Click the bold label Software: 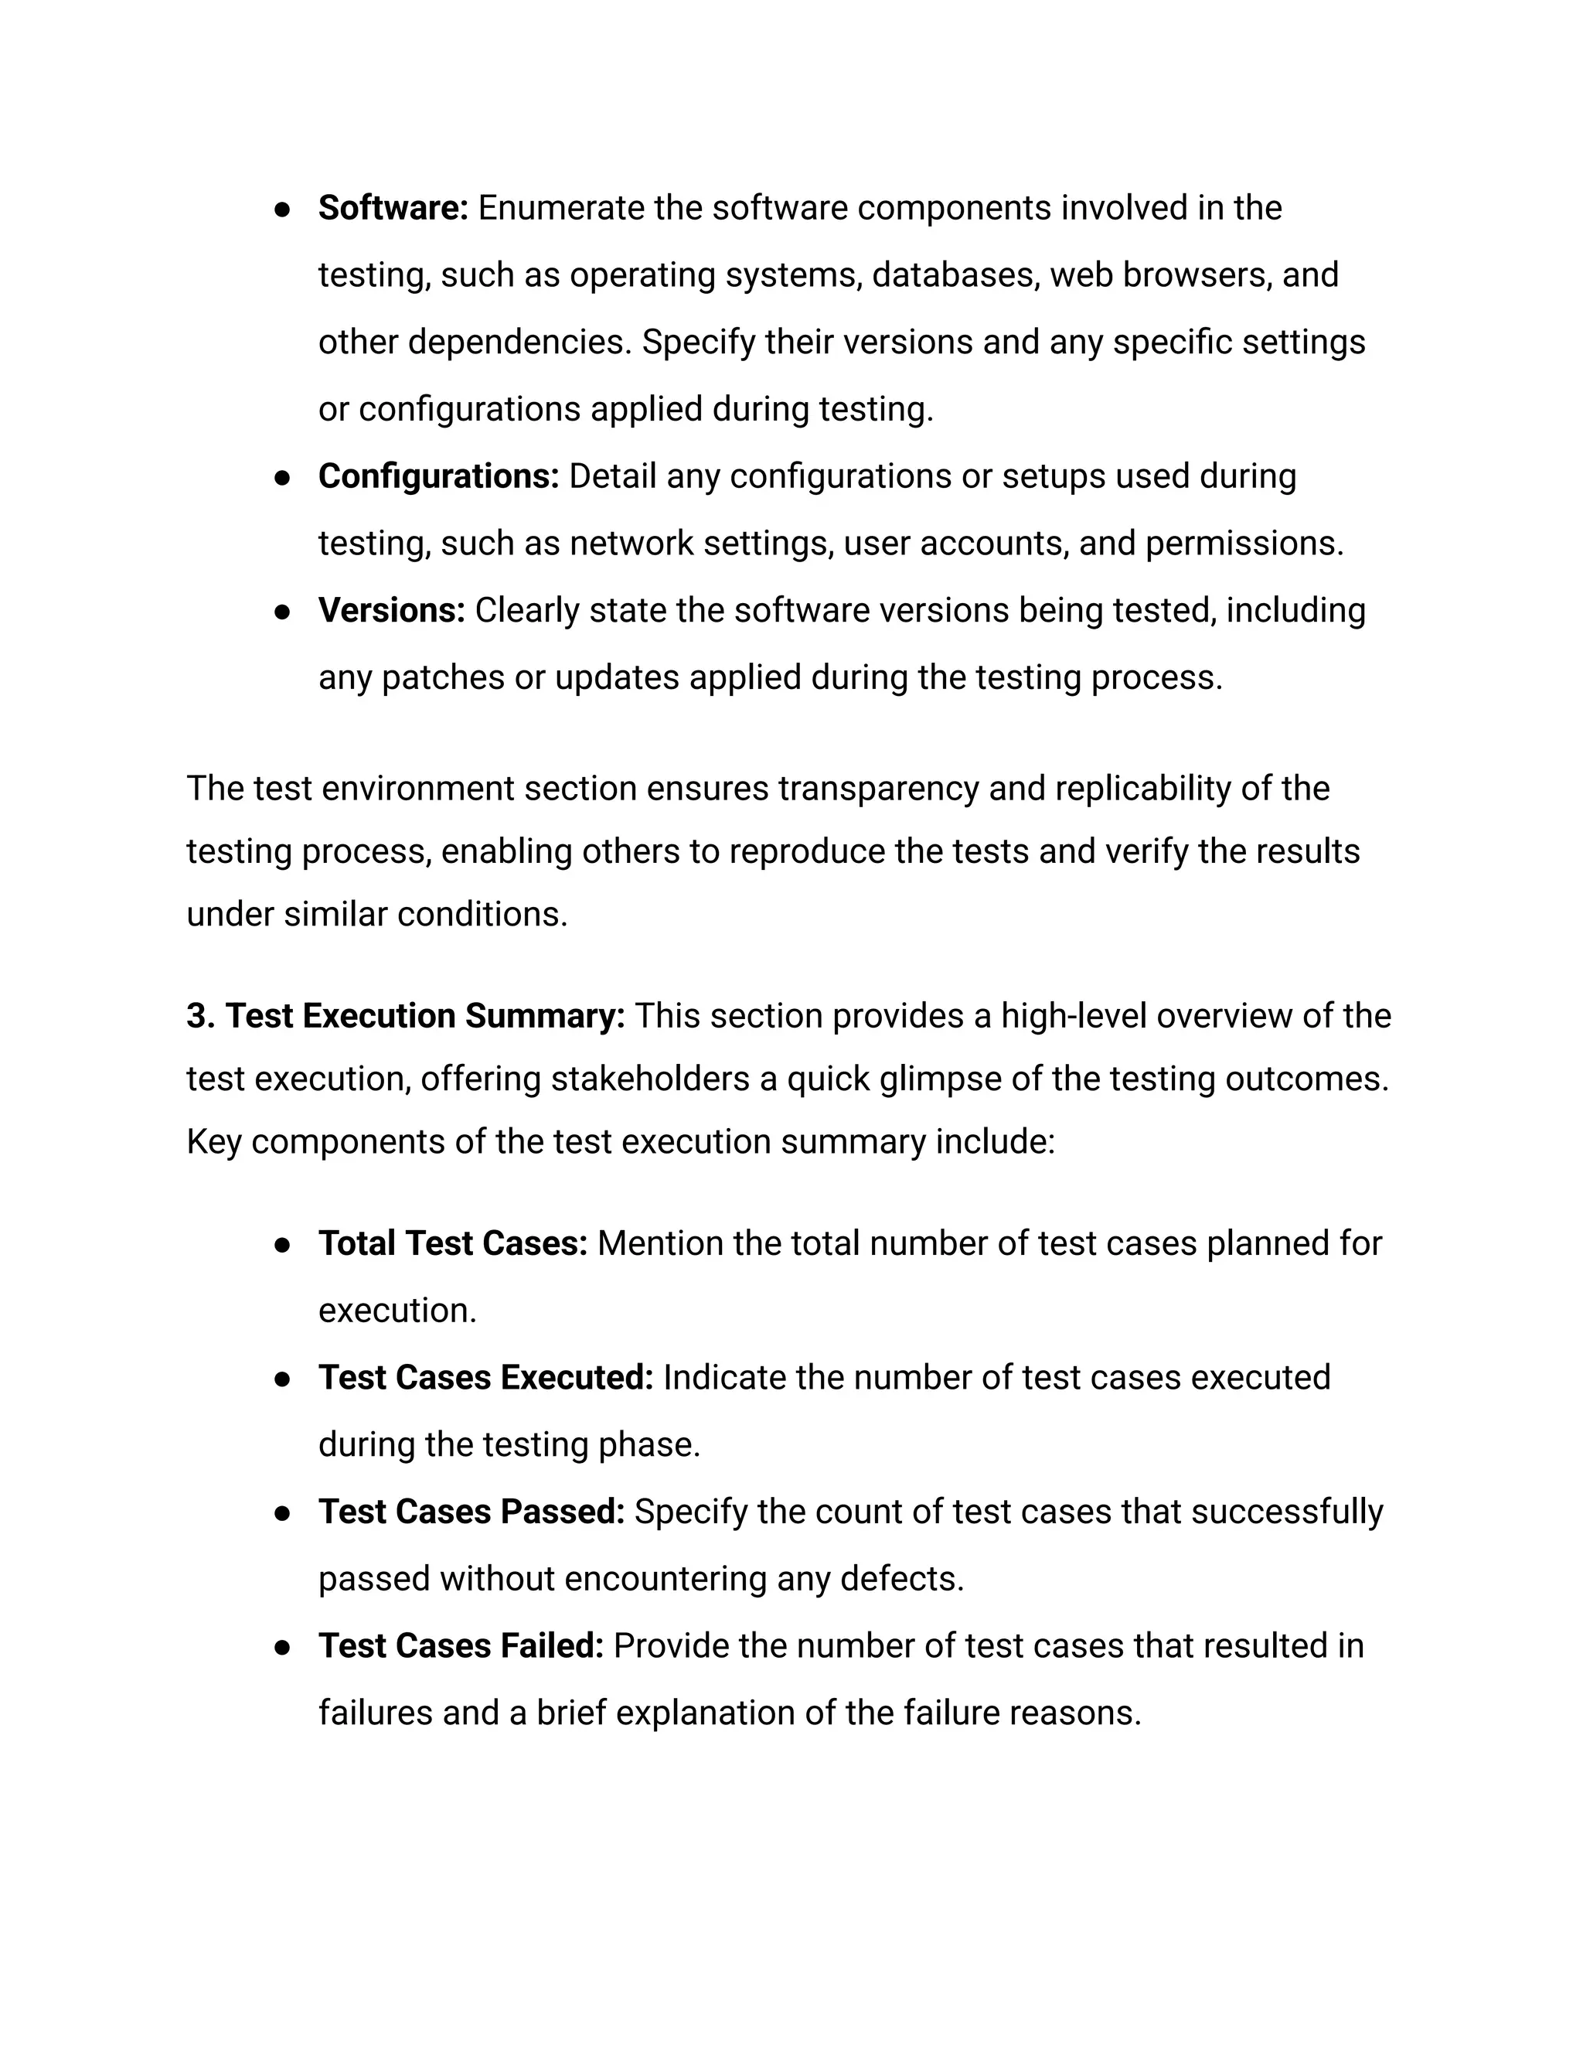392,208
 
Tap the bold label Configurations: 438,476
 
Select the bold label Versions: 391,611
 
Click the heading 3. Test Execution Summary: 405,1016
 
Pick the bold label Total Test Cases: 452,1244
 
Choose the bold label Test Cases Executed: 485,1378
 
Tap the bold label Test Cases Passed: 471,1512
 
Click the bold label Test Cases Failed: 461,1646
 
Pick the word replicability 1143,789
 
